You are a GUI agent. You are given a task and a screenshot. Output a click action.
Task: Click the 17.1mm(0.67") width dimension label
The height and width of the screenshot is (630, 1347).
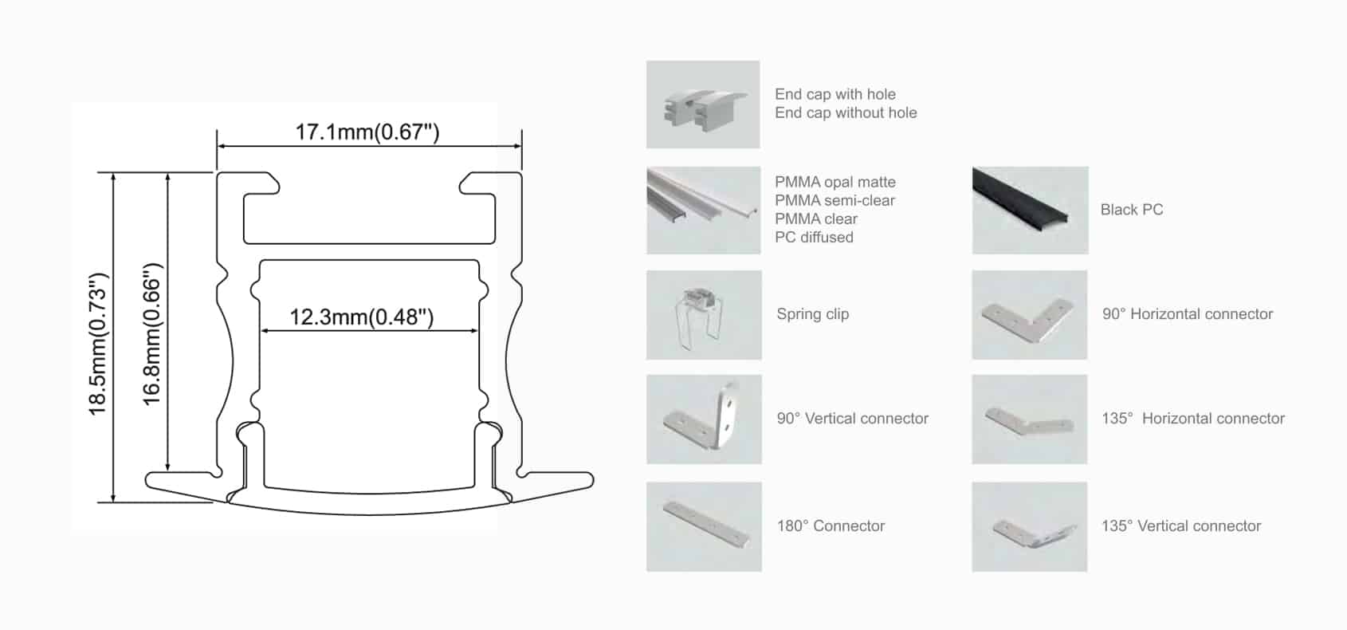click(x=367, y=132)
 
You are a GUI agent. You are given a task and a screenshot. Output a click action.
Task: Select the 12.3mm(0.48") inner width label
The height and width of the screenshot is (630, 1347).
click(x=361, y=317)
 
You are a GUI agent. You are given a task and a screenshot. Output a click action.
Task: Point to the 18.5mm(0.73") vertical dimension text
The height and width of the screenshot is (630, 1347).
click(x=98, y=345)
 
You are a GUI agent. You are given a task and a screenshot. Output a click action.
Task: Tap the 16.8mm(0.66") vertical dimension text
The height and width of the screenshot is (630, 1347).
click(x=152, y=334)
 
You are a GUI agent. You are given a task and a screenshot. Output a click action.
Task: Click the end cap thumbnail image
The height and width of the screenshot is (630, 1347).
click(x=703, y=104)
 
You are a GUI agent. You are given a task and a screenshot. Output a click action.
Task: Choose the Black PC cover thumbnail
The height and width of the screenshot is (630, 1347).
click(x=1030, y=211)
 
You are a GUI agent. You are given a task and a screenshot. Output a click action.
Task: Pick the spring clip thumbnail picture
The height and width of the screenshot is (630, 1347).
click(x=704, y=315)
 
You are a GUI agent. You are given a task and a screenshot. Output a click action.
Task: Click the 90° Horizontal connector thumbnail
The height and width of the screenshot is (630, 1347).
click(x=1030, y=315)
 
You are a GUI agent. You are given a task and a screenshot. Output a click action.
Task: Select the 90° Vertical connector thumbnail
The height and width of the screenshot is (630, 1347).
click(x=704, y=419)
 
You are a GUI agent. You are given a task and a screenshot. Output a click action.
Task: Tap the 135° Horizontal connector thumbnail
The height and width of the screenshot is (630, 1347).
click(x=1030, y=419)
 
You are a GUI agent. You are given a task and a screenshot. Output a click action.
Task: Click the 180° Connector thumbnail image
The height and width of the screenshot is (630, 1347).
click(x=704, y=526)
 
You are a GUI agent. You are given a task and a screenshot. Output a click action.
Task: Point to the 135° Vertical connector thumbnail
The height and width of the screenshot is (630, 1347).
click(x=1030, y=526)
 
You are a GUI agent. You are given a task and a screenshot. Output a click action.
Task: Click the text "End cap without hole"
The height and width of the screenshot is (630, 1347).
click(x=846, y=113)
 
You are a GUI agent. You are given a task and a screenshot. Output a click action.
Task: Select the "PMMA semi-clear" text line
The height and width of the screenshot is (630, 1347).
click(x=835, y=201)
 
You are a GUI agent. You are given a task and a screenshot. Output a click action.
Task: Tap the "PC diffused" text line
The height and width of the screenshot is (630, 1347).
click(x=814, y=238)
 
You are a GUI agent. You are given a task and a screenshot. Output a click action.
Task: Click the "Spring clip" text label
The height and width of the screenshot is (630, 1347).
click(x=812, y=314)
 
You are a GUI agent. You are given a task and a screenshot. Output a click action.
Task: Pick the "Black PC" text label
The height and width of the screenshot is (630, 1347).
click(x=1131, y=210)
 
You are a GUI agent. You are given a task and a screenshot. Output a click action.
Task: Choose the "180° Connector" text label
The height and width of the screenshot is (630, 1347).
click(x=831, y=526)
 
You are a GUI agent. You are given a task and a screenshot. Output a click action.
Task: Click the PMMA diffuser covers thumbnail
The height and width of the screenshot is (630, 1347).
click(x=703, y=211)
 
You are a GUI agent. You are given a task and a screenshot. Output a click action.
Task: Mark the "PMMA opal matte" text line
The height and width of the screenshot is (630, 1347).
click(x=835, y=183)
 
